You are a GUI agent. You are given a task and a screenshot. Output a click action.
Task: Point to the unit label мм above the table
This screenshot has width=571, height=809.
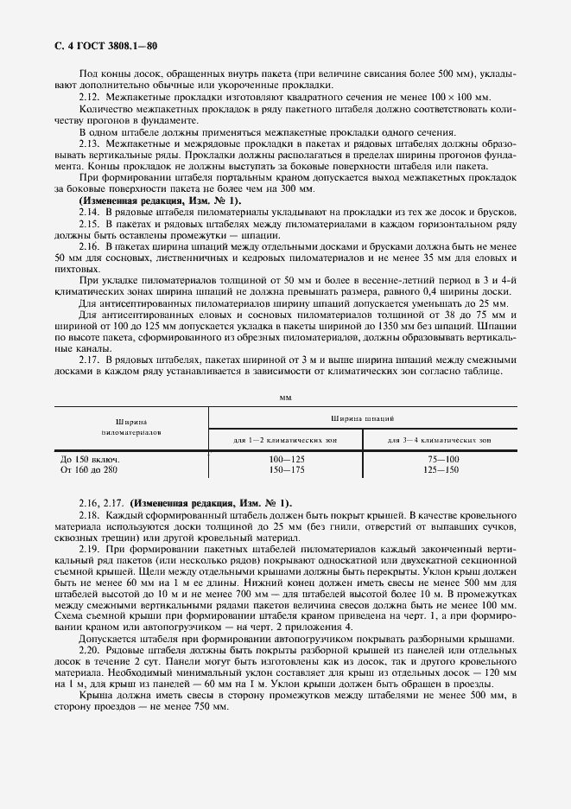point(285,397)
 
